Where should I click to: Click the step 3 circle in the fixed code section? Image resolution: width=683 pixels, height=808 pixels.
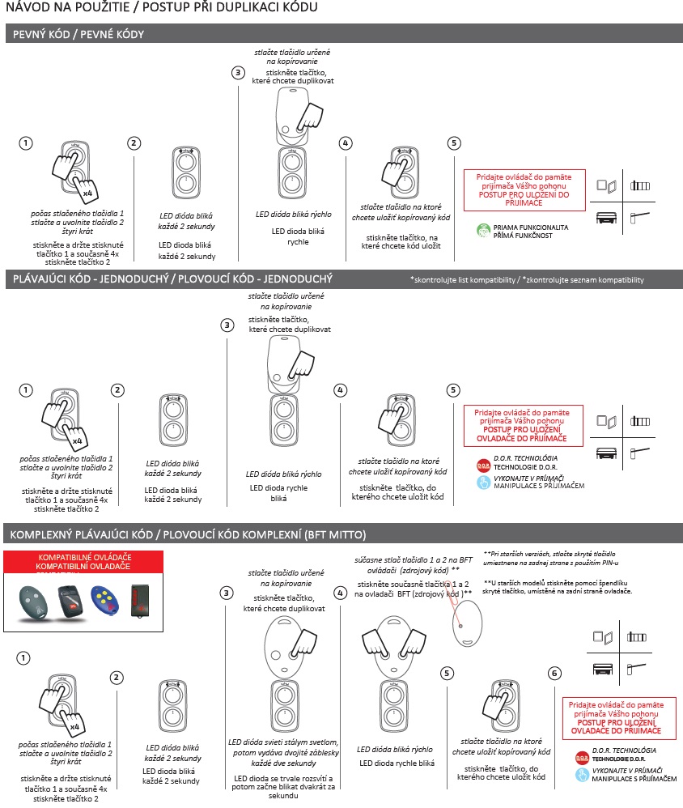[237, 73]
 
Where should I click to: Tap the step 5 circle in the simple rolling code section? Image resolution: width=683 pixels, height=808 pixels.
[452, 390]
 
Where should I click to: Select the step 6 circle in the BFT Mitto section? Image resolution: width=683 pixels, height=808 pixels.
[554, 673]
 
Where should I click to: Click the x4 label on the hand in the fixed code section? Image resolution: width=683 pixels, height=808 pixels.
[87, 193]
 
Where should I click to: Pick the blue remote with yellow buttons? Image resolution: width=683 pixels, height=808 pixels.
[104, 601]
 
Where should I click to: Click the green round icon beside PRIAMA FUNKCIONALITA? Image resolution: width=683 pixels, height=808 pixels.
[484, 231]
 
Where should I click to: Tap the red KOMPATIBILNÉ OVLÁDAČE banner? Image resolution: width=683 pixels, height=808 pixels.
[83, 562]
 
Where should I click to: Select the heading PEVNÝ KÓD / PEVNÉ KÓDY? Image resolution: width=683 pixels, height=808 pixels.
[78, 35]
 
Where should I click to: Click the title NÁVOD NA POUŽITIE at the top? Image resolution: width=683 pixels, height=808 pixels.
[68, 7]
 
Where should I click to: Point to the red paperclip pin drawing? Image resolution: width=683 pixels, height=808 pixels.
[453, 603]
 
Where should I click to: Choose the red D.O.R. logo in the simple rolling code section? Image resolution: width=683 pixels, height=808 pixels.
[483, 466]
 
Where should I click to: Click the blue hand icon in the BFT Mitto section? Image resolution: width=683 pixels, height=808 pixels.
[582, 775]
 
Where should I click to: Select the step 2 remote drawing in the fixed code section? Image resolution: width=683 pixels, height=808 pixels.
[186, 172]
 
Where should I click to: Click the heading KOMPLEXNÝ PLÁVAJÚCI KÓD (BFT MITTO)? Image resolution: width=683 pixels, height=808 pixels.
[188, 534]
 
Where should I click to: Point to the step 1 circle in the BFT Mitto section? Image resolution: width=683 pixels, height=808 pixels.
[23, 658]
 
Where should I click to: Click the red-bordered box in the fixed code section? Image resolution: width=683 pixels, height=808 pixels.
[524, 190]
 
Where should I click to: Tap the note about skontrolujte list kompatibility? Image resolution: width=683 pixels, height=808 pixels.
[527, 280]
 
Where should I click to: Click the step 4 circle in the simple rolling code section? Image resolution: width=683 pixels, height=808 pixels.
[340, 390]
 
